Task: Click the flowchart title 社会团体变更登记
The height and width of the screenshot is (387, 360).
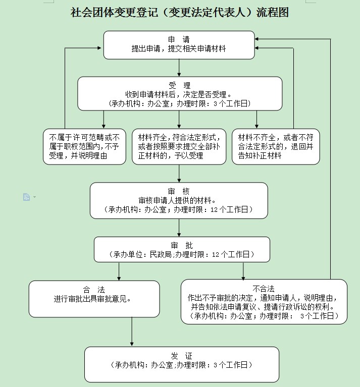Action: click(180, 13)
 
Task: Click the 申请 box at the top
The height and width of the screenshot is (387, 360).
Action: click(179, 44)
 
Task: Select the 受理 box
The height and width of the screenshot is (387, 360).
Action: click(180, 93)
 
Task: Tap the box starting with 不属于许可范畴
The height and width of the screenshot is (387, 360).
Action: click(84, 146)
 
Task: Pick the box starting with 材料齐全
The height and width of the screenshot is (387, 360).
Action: click(179, 146)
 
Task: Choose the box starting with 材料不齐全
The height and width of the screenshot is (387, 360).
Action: click(276, 146)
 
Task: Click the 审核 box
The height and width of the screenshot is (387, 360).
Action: click(179, 200)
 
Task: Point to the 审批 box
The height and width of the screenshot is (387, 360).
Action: click(182, 250)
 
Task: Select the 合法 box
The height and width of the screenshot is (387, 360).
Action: click(94, 298)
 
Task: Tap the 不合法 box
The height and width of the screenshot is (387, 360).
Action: click(264, 302)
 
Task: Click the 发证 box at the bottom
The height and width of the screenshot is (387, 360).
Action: click(182, 364)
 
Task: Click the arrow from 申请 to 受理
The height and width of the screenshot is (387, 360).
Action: click(179, 68)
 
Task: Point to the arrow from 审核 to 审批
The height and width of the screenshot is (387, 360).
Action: click(179, 228)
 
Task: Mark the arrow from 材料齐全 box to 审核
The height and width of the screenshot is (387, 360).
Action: click(179, 173)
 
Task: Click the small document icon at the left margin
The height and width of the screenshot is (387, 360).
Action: click(26, 197)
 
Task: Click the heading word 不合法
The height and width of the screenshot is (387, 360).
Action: click(264, 289)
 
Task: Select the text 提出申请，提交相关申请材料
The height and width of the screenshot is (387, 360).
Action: click(179, 48)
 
